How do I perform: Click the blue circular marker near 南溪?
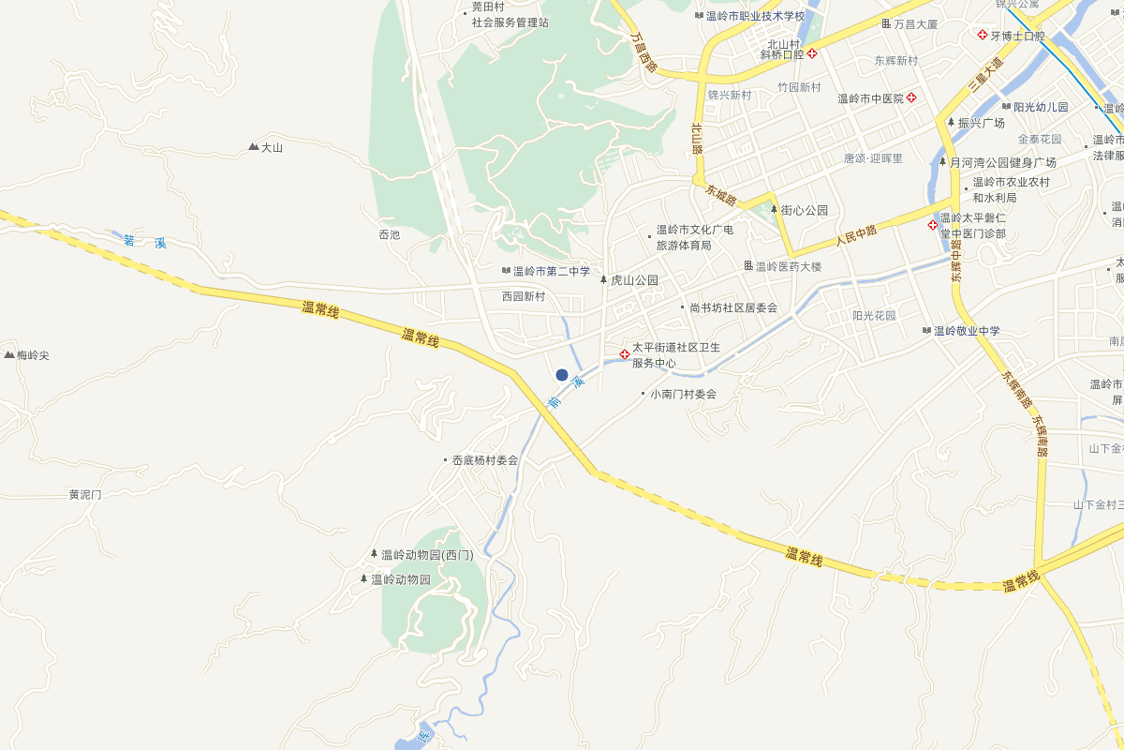(562, 375)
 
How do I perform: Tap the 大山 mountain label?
(272, 147)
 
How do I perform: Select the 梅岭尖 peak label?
(32, 355)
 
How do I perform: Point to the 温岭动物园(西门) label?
(427, 555)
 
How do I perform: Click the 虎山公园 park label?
(634, 280)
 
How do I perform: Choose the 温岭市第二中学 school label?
(552, 272)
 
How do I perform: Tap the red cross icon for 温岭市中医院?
(910, 98)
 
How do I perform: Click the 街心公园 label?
(805, 210)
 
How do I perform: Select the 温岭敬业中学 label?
(967, 331)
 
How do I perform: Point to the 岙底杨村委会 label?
(485, 460)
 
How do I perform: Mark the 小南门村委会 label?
(683, 394)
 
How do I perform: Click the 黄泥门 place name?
(84, 494)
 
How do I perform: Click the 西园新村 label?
(523, 296)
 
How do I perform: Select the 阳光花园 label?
(874, 316)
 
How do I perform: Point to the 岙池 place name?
(389, 234)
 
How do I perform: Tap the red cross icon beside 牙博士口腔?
(982, 36)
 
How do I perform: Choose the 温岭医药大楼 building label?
(788, 266)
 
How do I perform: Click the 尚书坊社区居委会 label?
(733, 307)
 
